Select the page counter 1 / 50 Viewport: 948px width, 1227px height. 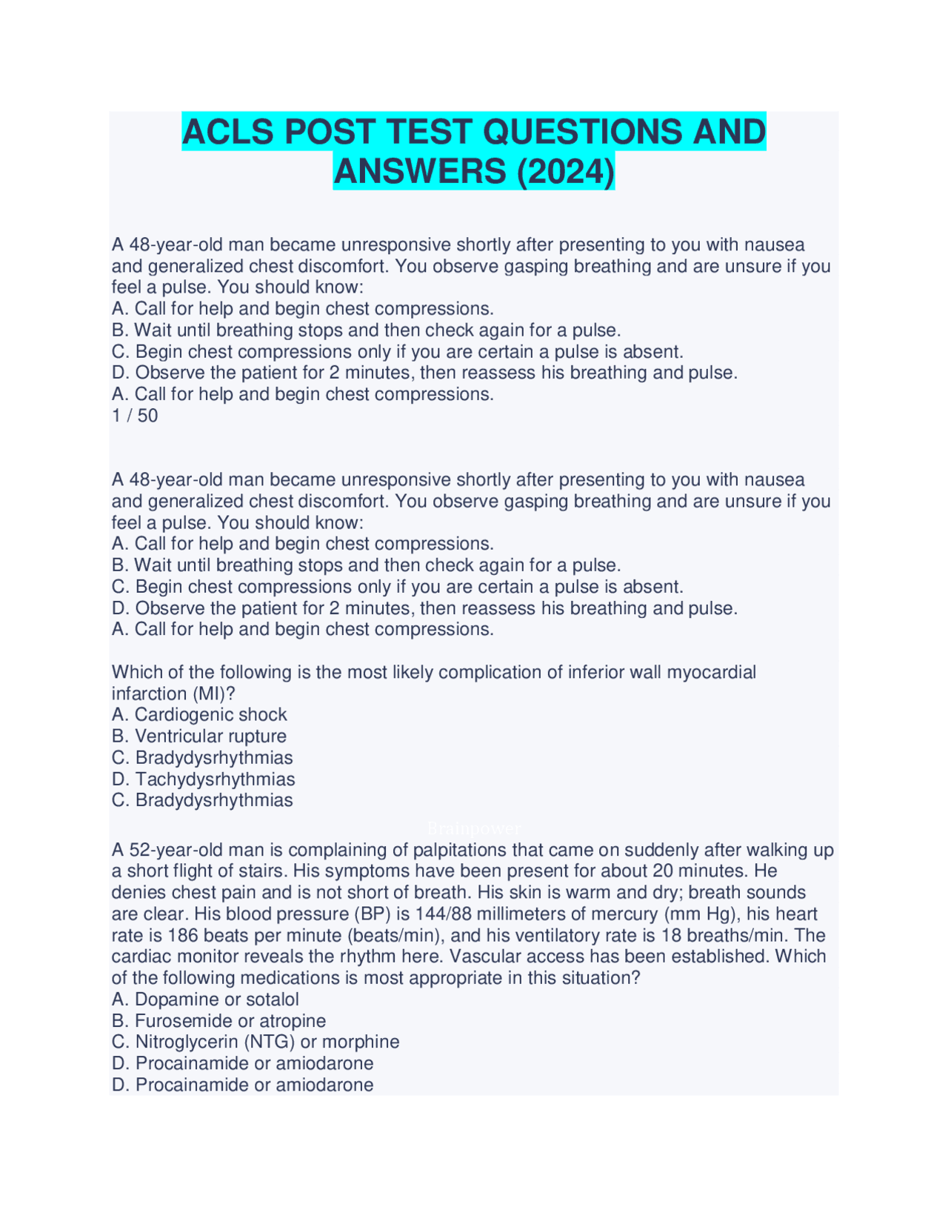[135, 416]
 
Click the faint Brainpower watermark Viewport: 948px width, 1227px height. [474, 828]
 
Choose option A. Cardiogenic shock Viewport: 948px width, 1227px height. [199, 715]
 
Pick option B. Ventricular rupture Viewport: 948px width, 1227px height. [199, 736]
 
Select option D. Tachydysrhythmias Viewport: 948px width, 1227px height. [204, 779]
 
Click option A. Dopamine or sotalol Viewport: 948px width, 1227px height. [205, 1000]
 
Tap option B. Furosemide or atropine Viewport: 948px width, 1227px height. [218, 1021]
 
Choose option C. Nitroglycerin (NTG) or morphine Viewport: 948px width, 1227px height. [256, 1043]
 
